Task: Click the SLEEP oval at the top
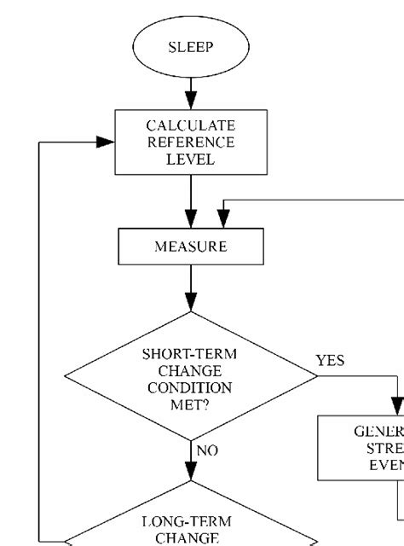(x=191, y=48)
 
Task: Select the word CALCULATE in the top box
(x=191, y=125)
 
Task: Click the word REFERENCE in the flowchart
(x=191, y=142)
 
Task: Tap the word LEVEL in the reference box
(x=191, y=160)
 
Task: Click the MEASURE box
(x=191, y=247)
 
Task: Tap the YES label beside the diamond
(x=331, y=361)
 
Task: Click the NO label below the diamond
(x=207, y=450)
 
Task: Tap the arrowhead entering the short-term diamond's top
(x=191, y=301)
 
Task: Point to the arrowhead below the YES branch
(x=397, y=405)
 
